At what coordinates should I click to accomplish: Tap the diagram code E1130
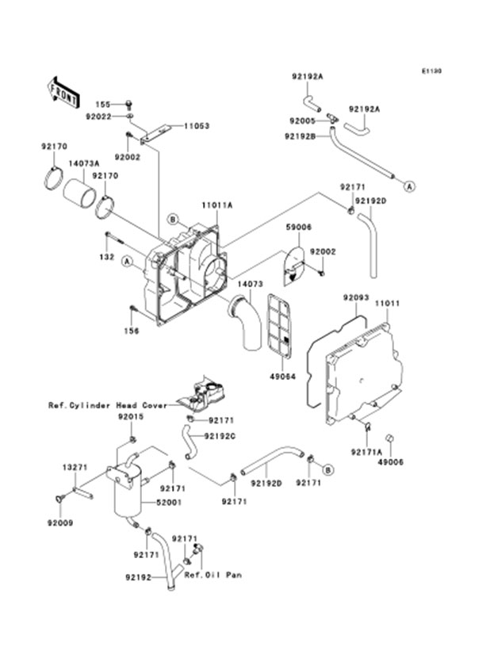pos(431,71)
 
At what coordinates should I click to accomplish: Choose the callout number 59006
pos(299,227)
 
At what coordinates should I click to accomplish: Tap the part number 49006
pos(391,461)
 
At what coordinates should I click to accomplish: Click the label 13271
pos(75,468)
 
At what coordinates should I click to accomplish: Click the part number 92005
pos(302,121)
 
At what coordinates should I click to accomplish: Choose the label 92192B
pos(302,136)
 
